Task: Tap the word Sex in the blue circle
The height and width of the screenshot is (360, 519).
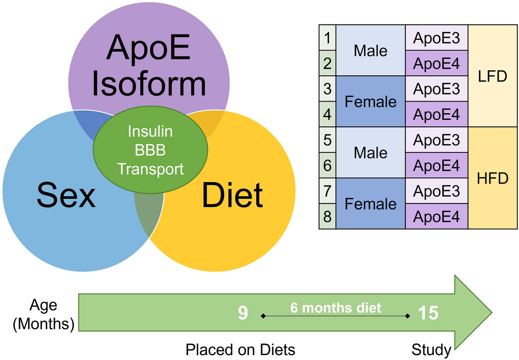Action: [66, 196]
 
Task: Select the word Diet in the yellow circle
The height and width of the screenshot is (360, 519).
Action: [232, 196]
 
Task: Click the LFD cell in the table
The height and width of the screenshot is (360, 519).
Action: [493, 76]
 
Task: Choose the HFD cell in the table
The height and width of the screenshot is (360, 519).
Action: [493, 178]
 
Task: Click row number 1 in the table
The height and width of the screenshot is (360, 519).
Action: [328, 37]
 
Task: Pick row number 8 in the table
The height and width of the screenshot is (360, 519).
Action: [328, 216]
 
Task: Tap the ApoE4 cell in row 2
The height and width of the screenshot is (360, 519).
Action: [436, 63]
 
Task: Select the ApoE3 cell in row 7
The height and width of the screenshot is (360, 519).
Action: [436, 191]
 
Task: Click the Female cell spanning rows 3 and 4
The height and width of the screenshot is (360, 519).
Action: [371, 102]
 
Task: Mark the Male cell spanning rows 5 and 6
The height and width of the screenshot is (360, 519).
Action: [371, 153]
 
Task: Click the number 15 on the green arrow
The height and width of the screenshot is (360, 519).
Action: [428, 313]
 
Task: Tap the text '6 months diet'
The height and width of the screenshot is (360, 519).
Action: [336, 307]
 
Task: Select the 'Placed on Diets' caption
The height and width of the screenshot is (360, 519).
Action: [240, 349]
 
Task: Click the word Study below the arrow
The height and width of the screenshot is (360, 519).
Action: [431, 349]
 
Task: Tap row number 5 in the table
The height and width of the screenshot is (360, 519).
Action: [328, 140]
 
